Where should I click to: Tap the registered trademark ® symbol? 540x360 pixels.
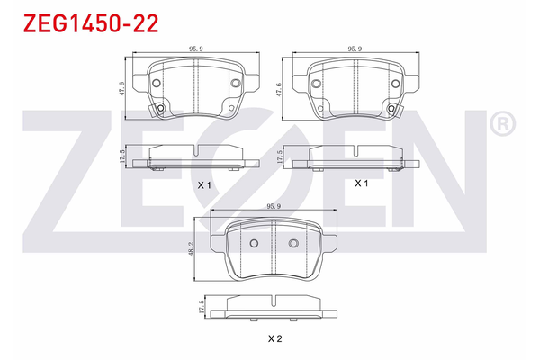coord(502,123)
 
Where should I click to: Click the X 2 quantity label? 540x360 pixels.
coord(274,338)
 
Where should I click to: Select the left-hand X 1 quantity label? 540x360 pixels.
coord(203,184)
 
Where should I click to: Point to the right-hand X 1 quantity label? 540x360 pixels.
coord(362,183)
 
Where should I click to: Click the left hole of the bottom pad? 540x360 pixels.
coord(253,245)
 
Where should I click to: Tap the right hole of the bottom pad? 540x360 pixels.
coord(292,245)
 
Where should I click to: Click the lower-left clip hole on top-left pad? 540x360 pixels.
coord(161,109)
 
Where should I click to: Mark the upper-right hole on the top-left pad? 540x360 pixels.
coord(236,84)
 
